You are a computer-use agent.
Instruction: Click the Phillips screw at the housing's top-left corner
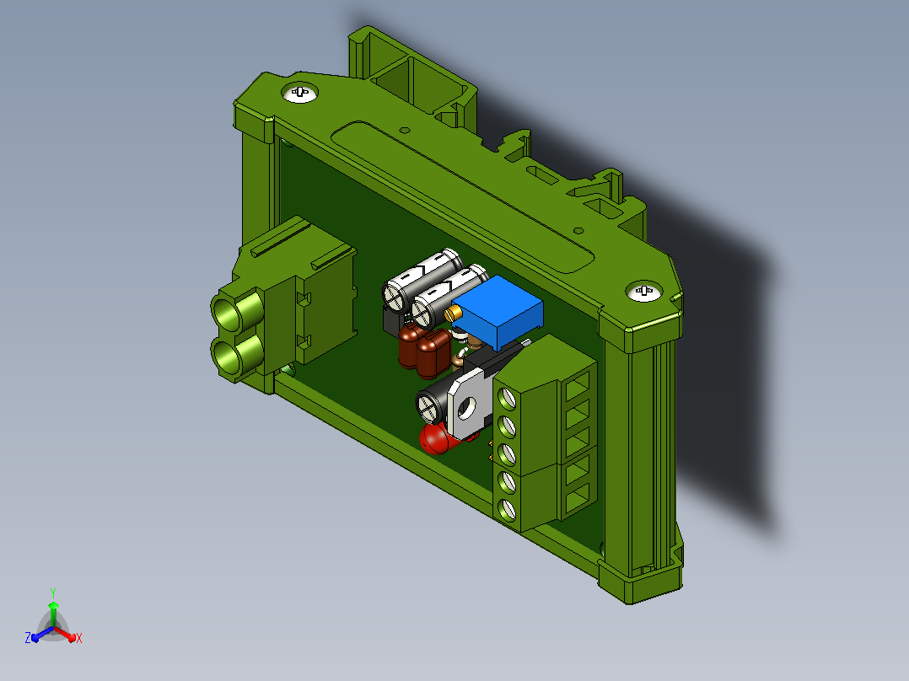299,93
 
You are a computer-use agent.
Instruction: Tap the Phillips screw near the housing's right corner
644,291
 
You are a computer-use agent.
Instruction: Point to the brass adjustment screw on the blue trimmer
453,314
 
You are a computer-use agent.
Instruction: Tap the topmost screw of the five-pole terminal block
507,398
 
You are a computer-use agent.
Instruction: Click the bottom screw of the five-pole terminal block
508,509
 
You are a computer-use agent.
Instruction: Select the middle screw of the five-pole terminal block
507,454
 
